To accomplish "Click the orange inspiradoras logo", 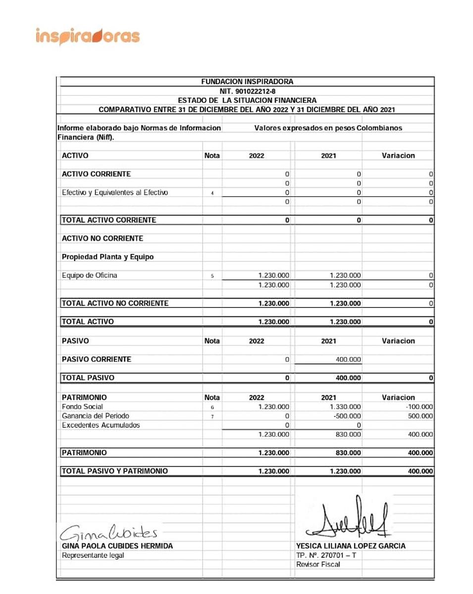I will point(88,37).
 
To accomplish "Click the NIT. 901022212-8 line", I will point(247,91).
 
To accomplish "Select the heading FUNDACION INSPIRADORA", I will point(247,82).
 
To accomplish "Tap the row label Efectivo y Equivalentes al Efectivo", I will point(115,193).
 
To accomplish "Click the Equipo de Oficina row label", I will point(90,275).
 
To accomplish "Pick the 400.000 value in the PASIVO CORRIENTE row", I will point(348,360).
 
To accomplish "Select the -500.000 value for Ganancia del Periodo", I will point(347,416).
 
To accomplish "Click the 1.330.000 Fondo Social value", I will point(345,407).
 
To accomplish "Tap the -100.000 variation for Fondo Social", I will point(419,407).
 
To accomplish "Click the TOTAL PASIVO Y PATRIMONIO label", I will point(114,471).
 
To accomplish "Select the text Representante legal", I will point(93,555).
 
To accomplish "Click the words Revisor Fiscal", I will point(318,565).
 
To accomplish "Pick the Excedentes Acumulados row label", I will point(101,425).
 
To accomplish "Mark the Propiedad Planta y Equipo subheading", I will point(107,257).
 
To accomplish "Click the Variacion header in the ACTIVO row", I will point(398,155).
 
